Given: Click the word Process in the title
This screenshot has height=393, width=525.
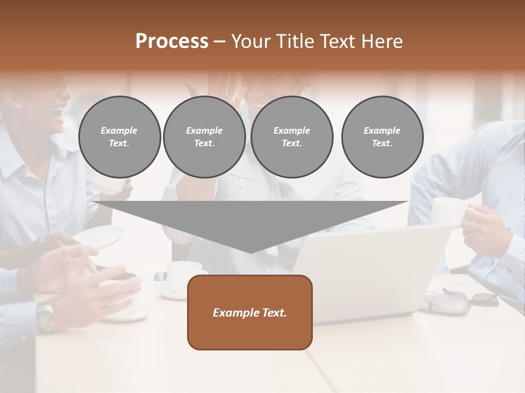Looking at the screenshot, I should [x=172, y=41].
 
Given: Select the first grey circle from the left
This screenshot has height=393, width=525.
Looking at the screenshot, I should [x=119, y=137].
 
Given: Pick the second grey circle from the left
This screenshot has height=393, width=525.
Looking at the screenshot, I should [x=204, y=137].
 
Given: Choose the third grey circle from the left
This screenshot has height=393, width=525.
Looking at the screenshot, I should [x=291, y=137].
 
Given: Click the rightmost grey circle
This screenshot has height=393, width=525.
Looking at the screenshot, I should [x=382, y=137].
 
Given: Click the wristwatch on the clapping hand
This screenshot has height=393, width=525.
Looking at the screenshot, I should [x=46, y=313].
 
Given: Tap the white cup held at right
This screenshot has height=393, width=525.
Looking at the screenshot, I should [x=448, y=210].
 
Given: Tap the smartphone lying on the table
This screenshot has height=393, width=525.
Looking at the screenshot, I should [x=124, y=276].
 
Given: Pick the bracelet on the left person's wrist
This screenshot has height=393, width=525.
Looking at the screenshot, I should [x=42, y=240].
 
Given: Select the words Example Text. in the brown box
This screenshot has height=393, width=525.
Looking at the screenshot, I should [x=250, y=313].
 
